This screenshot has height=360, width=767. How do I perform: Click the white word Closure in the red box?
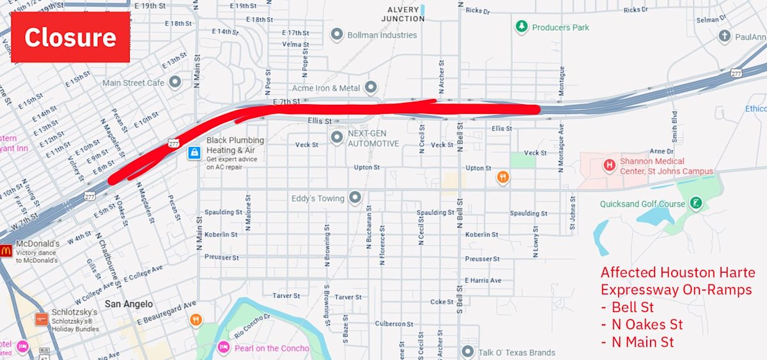click(x=70, y=37)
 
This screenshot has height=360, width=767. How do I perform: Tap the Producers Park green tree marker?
click(x=522, y=27)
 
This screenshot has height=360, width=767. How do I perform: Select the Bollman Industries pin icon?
click(x=337, y=35)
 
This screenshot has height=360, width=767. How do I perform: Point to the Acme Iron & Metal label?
click(x=326, y=88)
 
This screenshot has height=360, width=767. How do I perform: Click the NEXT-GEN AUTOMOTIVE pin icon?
click(x=337, y=137)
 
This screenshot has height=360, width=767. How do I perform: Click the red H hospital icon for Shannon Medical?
click(x=609, y=166)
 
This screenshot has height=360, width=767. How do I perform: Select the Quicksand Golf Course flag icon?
click(x=696, y=204)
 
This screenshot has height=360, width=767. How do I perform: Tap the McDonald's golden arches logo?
click(x=6, y=251)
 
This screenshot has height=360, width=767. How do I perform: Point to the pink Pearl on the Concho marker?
click(x=223, y=348)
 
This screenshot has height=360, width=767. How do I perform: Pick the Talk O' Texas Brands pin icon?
click(x=468, y=352)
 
